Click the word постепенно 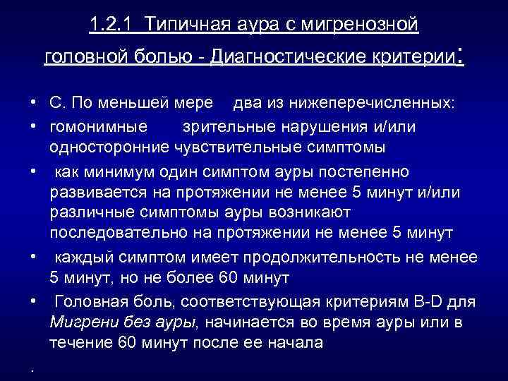(x=368, y=171)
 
